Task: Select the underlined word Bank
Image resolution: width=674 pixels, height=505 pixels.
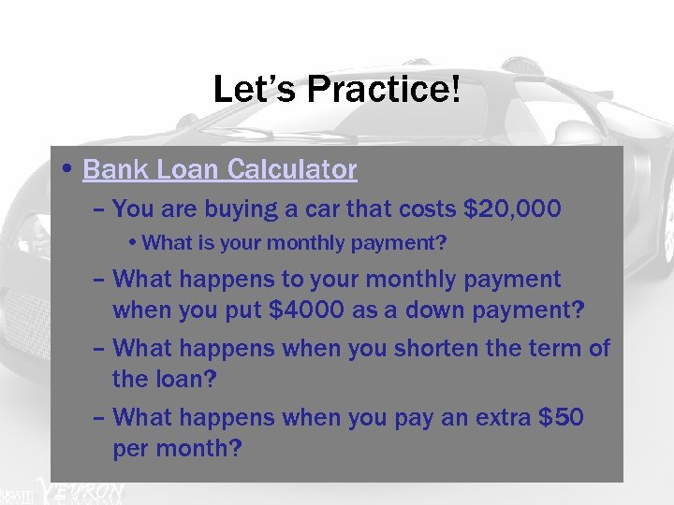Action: tap(112, 169)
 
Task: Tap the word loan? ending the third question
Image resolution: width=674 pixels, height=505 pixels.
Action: tap(183, 380)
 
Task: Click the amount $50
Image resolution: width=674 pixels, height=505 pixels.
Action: tap(562, 417)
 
